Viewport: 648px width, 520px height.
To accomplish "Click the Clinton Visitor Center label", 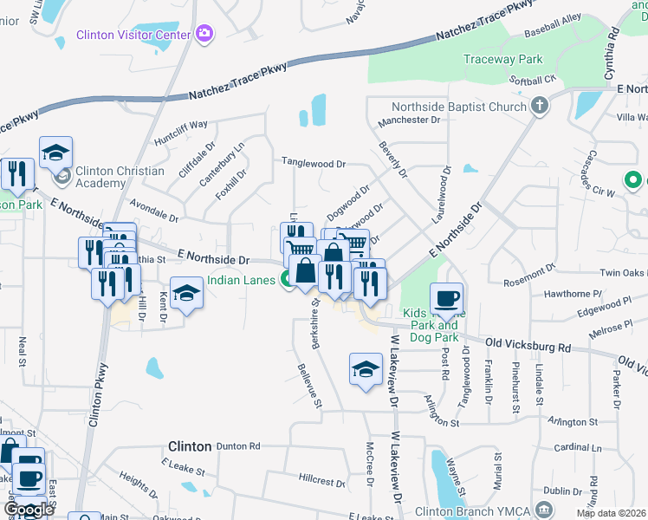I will (133, 36).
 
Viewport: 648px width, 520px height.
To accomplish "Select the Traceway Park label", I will (502, 60).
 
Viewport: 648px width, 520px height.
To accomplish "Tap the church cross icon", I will (540, 107).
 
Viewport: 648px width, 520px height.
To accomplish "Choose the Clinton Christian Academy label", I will (119, 177).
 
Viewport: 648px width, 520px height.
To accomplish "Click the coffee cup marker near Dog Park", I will (446, 298).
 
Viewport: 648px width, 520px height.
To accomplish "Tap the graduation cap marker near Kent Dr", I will (185, 293).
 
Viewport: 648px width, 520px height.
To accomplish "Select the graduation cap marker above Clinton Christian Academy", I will (55, 153).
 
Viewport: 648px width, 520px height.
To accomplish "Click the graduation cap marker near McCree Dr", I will (366, 368).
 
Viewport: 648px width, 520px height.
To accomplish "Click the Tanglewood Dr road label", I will (314, 163).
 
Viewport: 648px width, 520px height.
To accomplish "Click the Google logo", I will (29, 510).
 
